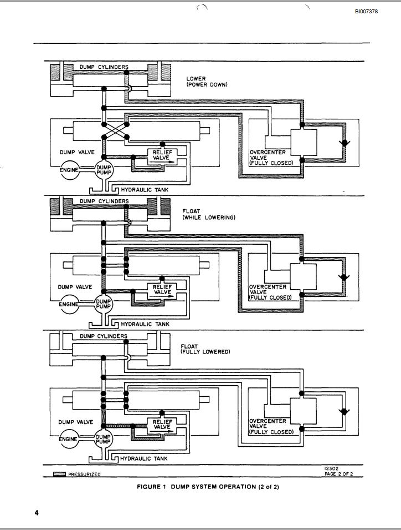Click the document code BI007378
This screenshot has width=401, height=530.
(367, 12)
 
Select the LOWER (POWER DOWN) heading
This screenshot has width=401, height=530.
(207, 82)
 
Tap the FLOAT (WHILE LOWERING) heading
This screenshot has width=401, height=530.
(208, 214)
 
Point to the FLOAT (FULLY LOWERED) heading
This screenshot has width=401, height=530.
(205, 349)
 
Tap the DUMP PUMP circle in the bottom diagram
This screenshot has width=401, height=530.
(104, 439)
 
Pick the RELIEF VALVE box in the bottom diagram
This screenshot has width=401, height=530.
(162, 425)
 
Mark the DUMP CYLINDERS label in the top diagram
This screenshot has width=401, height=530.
(104, 67)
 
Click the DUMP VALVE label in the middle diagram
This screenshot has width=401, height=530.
(75, 287)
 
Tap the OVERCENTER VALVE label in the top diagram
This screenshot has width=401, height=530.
(268, 158)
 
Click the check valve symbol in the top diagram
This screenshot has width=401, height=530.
(345, 143)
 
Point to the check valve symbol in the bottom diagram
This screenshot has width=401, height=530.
(345, 412)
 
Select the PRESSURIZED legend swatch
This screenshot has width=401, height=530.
(59, 475)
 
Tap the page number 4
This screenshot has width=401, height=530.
(37, 513)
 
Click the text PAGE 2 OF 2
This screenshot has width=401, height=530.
(338, 474)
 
